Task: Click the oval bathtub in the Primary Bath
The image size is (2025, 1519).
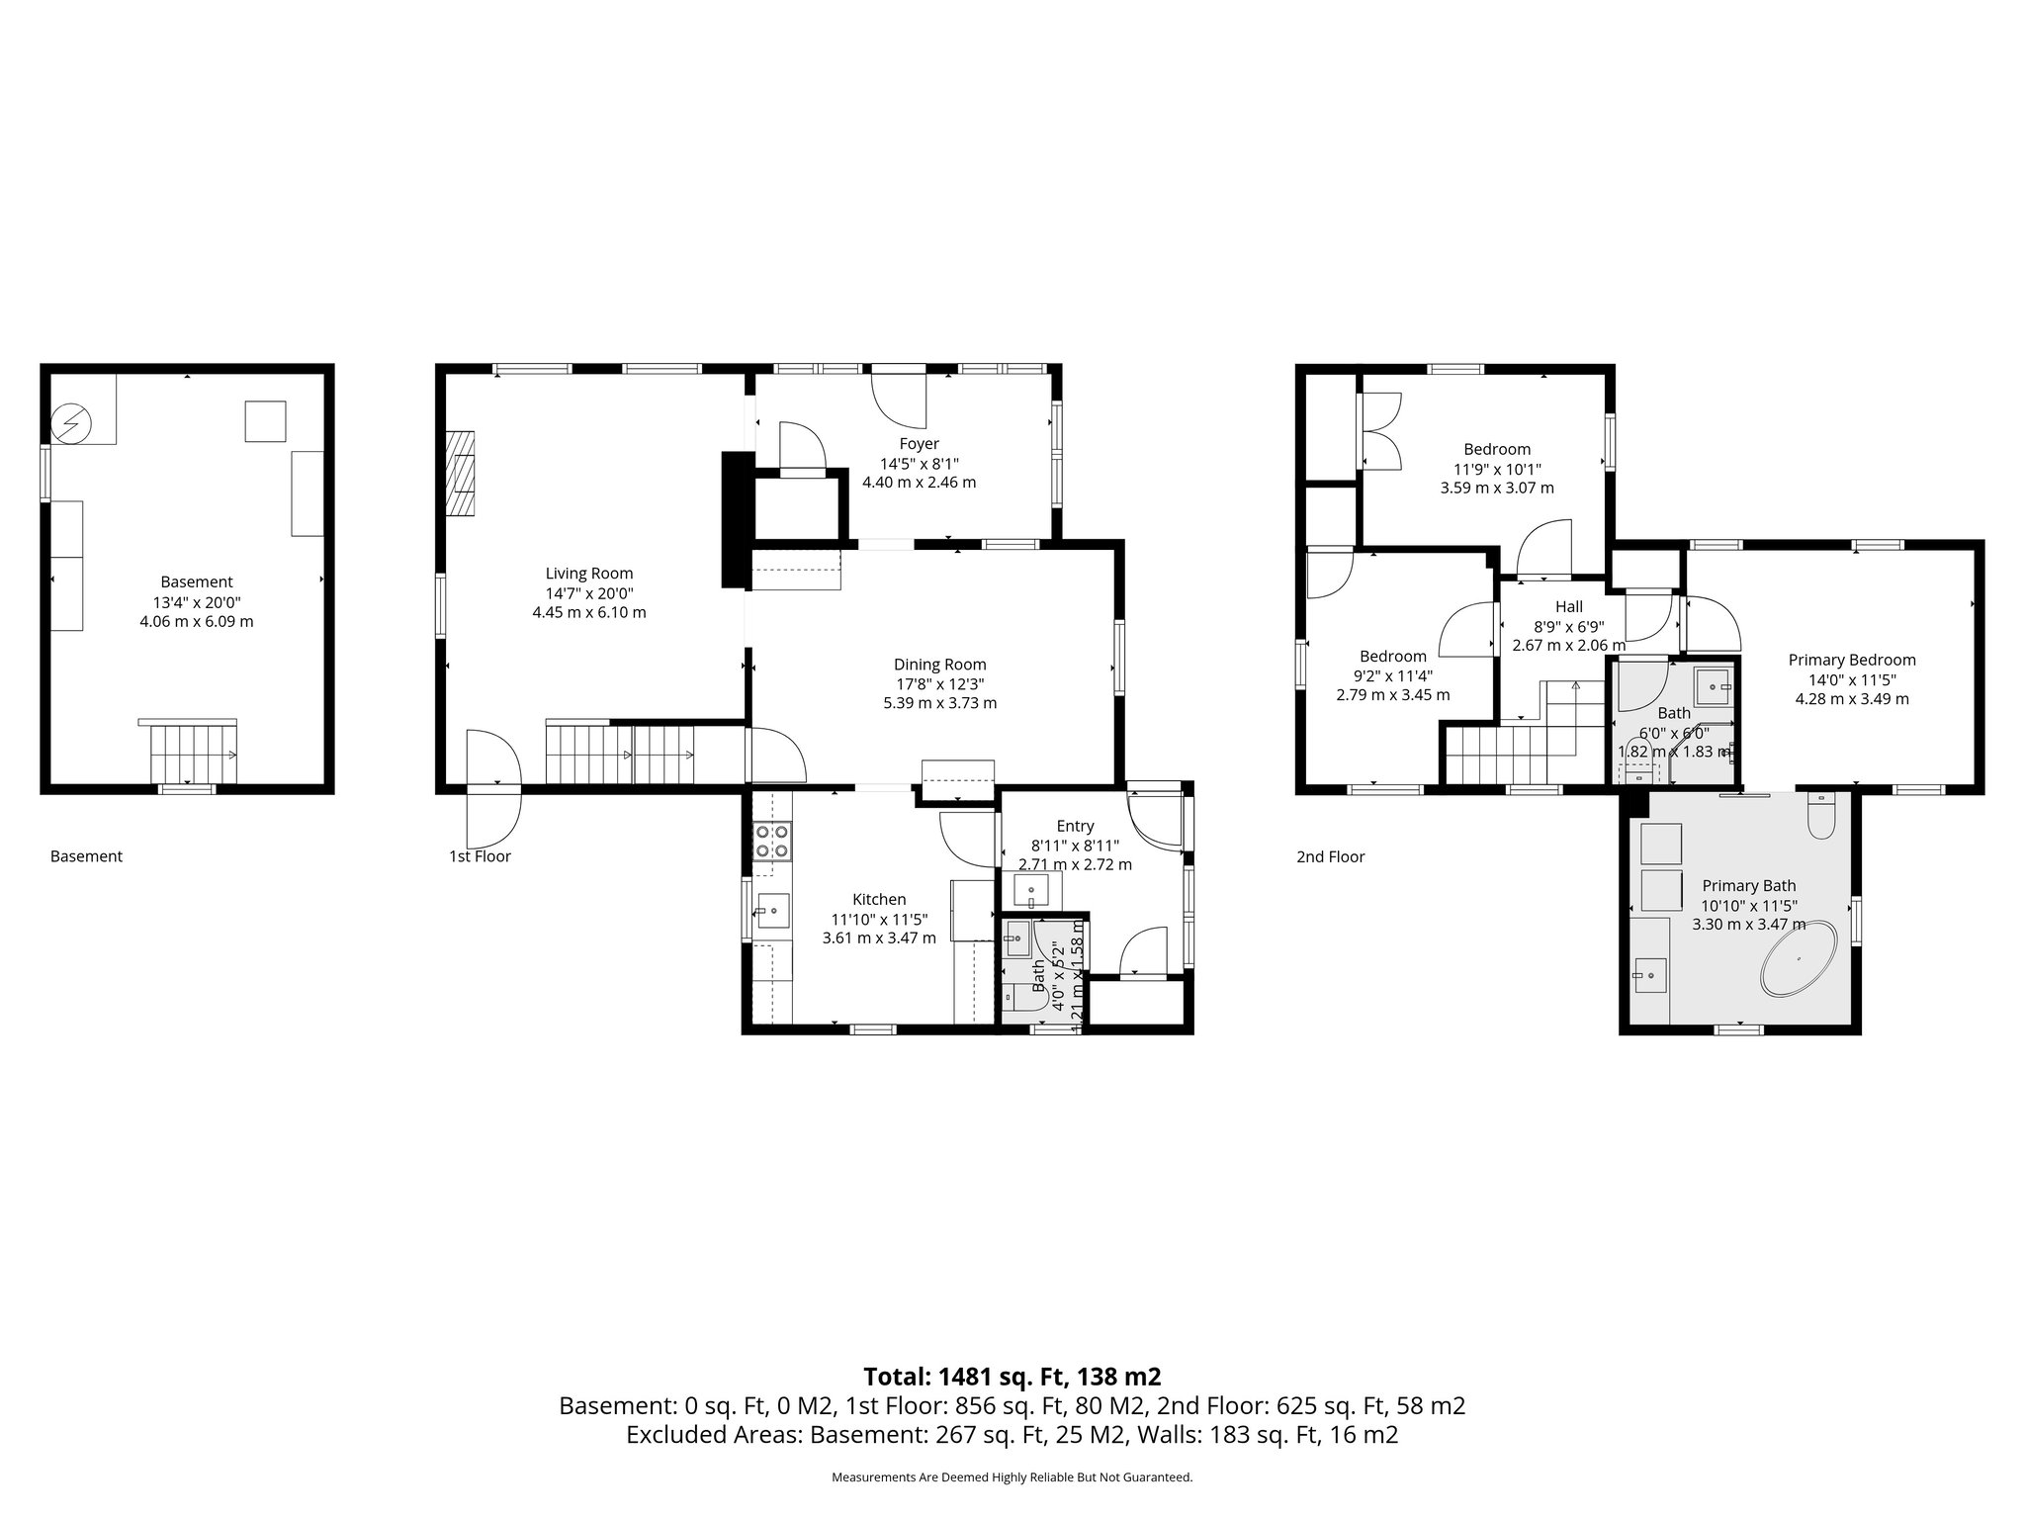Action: (1799, 959)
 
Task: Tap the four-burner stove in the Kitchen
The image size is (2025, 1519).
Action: (772, 841)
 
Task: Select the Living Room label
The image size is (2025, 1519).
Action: (589, 574)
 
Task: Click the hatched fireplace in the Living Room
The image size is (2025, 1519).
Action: (461, 474)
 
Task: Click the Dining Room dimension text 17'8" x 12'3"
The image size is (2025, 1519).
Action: (939, 684)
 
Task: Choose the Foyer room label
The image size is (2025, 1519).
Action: (919, 444)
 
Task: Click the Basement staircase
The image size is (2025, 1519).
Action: (194, 754)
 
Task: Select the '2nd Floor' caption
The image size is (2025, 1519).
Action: (1330, 856)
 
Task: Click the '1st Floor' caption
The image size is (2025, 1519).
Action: (480, 856)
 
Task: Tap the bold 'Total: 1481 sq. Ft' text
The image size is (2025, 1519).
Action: (1012, 1377)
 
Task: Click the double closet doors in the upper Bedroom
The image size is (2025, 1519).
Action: (1380, 431)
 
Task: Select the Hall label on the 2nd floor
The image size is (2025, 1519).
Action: (1568, 607)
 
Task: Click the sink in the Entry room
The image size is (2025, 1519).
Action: (1031, 891)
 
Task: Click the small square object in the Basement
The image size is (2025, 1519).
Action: (265, 421)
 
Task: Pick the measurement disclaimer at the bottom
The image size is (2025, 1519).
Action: (1012, 1477)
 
